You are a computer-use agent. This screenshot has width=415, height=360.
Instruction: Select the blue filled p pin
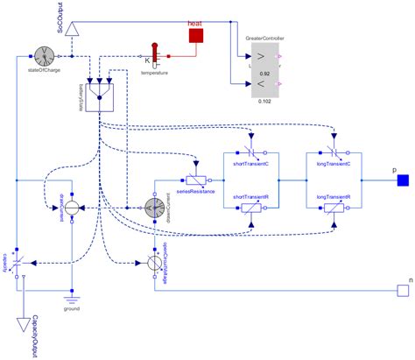point(404,181)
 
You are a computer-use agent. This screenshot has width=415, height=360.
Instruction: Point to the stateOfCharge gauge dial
point(46,55)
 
